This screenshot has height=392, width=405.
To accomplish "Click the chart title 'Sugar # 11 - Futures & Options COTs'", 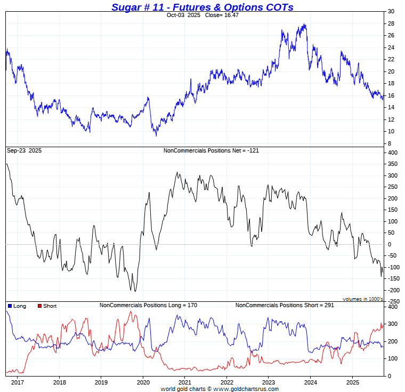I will coord(203,7).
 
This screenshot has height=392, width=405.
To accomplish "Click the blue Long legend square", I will coord(10,306).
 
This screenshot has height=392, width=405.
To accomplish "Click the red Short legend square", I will coord(40,306).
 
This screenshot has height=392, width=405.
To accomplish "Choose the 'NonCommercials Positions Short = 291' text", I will coord(284,306).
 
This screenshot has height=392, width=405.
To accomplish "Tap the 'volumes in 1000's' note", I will coord(362,299).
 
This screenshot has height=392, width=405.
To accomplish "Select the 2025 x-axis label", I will coord(352,382).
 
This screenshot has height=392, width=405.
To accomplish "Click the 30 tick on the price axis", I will coord(391,11).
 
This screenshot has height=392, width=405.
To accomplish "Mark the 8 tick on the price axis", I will coord(390,143).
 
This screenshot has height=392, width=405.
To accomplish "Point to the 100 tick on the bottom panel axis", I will coord(392,359).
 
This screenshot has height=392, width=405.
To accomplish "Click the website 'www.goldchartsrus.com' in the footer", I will coord(246,389).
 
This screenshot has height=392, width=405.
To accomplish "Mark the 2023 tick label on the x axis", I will coord(269,382).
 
